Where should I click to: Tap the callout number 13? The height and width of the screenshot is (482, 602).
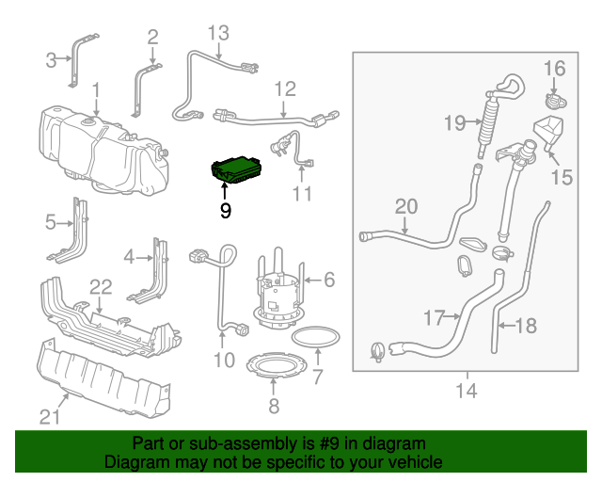pos(218,33)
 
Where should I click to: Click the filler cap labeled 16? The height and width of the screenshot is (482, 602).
pos(553,100)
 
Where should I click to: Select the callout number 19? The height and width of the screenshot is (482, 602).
pos(455,122)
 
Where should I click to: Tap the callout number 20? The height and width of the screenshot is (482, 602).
pos(405,206)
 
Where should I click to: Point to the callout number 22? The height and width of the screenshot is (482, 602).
pos(100,285)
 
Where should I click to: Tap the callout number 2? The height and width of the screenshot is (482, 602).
pos(152,37)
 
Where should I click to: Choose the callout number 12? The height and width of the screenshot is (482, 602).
pos(285,89)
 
